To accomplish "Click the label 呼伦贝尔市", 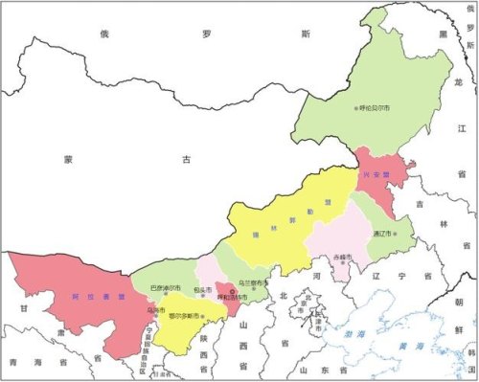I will click(378, 109).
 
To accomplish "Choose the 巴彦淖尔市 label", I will click(165, 287).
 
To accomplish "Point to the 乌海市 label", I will click(154, 308).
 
